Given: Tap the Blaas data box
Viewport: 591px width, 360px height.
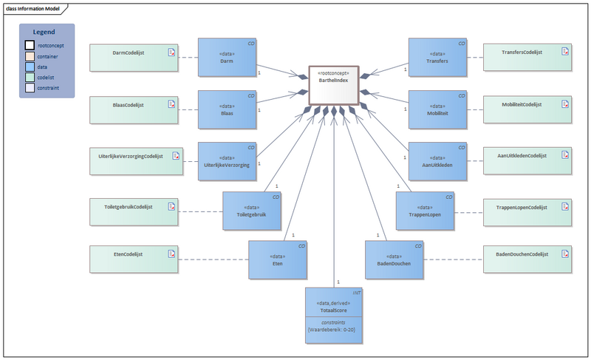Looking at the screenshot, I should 227,109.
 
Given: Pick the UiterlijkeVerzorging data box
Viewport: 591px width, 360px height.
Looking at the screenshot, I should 227,160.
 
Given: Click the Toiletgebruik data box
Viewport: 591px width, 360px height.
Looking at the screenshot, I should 252,211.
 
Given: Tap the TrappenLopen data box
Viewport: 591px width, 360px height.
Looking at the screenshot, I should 424,211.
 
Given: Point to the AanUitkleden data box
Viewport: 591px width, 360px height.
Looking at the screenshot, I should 438,160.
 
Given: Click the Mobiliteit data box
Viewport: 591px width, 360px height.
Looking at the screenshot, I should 438,109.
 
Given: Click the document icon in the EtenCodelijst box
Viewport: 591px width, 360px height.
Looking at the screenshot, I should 171,254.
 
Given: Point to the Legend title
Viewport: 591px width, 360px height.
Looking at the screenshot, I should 47,32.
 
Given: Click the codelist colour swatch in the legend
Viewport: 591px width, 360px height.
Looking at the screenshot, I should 30,77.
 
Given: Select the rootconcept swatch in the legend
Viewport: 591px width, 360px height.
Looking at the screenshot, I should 30,45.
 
